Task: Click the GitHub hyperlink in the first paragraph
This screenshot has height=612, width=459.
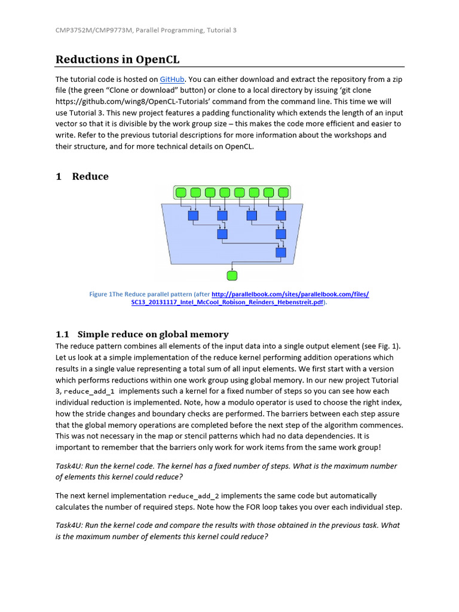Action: tap(172, 79)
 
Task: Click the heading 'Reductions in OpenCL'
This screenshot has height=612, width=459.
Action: tap(117, 59)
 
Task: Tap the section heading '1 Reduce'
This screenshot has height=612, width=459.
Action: tap(82, 176)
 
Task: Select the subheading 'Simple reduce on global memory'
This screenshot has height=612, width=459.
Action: tap(153, 334)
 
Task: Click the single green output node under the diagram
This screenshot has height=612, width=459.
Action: tap(232, 276)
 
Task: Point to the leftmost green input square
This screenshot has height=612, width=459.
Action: tap(181, 192)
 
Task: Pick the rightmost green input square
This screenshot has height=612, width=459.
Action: tap(283, 192)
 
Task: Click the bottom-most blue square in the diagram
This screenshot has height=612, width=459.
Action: tap(281, 253)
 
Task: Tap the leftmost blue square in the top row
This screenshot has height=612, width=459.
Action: tap(193, 216)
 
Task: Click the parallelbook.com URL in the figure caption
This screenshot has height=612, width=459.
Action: tap(290, 294)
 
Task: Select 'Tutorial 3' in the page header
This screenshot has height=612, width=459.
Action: tap(221, 30)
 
